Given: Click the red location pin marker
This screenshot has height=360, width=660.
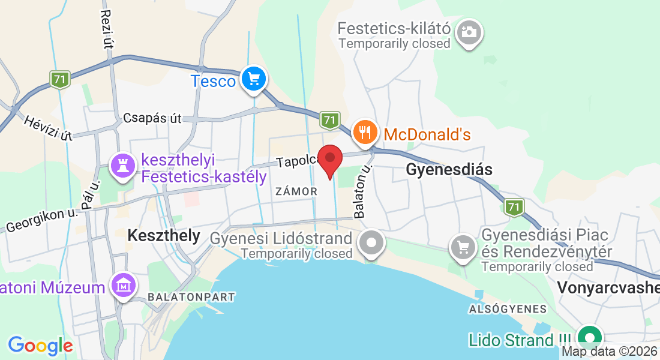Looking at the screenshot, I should point(330,160).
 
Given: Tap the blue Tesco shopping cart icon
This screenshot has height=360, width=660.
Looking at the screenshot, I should point(253,79).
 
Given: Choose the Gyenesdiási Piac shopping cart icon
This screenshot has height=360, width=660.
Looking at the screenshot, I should point(463,247).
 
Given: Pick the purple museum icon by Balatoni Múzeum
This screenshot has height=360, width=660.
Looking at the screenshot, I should point(124,286).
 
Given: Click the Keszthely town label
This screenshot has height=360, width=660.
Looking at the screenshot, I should point(163,236).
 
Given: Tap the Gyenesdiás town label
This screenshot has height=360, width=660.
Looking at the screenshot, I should point(449,170).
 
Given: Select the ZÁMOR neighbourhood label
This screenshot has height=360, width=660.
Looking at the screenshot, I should point(296,191).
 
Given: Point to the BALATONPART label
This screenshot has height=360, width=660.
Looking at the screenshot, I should point(191,297).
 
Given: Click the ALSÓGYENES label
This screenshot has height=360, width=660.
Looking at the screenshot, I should point(508,309).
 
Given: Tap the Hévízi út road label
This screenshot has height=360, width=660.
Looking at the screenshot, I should point(48,128).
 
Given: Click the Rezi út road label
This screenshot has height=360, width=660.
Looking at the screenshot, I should point(107,29).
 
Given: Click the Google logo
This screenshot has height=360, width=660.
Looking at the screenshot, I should point(40,346).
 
